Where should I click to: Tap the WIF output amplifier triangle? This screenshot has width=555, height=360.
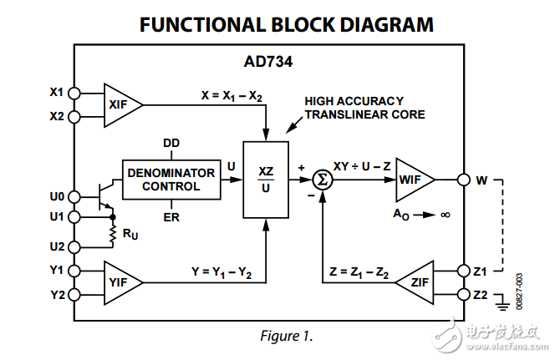(x=413, y=179)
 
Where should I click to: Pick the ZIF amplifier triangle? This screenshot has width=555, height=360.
(x=415, y=282)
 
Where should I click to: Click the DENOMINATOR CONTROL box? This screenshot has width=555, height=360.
(x=171, y=179)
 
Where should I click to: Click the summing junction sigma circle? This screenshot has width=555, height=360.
(x=321, y=179)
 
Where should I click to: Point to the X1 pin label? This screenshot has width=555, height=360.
(x=57, y=92)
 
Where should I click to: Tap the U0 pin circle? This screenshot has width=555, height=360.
(x=74, y=197)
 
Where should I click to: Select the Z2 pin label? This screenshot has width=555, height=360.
(x=481, y=295)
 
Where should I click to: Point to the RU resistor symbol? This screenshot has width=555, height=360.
(x=112, y=235)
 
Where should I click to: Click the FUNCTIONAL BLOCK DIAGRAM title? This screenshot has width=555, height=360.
(x=287, y=24)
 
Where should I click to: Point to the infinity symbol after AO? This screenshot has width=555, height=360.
(x=445, y=215)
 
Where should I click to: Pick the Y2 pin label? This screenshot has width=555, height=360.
(x=57, y=295)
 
